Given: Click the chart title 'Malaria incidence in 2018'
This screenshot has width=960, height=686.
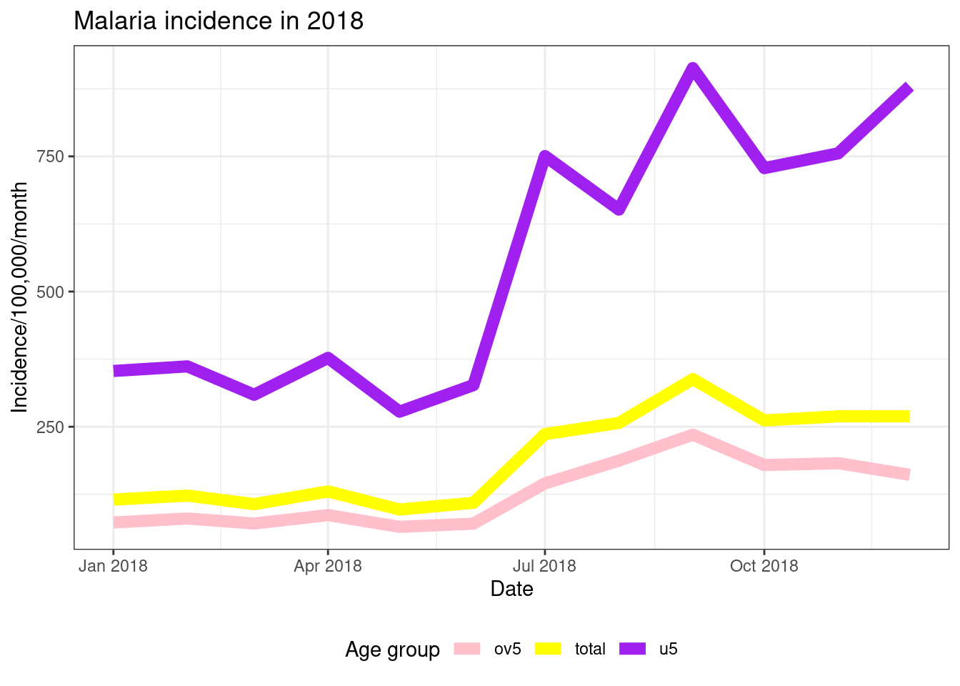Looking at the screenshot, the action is [219, 21].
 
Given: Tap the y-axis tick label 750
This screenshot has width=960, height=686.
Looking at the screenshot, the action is [50, 157].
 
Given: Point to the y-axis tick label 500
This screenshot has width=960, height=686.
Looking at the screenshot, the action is [50, 292].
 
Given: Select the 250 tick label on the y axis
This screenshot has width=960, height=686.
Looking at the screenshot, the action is [50, 427].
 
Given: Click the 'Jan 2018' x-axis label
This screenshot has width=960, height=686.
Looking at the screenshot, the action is [113, 566].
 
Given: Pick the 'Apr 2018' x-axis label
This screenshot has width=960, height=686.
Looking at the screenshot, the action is [328, 566].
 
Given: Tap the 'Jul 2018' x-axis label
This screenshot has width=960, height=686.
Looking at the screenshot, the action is [545, 566].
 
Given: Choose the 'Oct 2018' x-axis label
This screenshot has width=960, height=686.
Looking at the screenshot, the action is [764, 566].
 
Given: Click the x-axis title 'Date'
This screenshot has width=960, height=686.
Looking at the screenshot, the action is [511, 589].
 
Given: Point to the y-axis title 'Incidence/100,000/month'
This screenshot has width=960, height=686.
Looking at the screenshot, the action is [19, 297].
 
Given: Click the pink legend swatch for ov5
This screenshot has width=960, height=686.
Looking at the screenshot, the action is [467, 649].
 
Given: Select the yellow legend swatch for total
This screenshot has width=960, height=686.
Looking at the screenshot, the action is [548, 649].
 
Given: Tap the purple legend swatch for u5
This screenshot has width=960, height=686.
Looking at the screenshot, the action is [633, 649].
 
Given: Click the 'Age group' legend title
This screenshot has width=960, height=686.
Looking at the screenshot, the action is [393, 650].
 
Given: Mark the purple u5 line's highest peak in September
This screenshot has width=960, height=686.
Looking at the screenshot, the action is [693, 69].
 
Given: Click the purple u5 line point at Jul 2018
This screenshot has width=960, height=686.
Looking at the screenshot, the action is [545, 157].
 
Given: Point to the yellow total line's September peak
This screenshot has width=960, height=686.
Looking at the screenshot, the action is [693, 379].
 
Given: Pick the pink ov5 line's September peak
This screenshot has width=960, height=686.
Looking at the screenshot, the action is [693, 435].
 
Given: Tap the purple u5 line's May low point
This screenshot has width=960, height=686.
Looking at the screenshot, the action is [399, 411].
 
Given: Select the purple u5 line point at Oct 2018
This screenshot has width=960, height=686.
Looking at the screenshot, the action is [764, 167].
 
